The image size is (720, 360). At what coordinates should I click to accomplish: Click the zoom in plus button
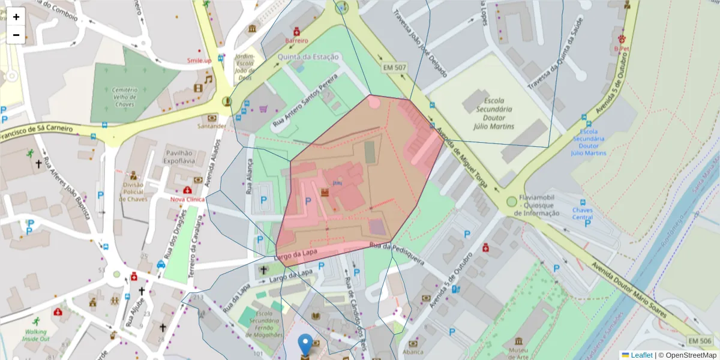point(16,17)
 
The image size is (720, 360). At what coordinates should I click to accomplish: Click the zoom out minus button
point(16,35)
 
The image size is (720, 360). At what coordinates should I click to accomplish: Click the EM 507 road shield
point(395,68)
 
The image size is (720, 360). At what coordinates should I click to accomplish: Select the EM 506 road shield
point(700,341)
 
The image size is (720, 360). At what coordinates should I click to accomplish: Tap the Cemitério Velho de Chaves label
point(125,97)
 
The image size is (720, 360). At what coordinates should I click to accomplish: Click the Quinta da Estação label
point(308,57)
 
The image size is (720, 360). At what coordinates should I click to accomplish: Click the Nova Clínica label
point(187,199)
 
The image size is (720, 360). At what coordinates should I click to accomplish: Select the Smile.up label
point(199,61)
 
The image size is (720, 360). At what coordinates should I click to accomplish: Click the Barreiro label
point(296,41)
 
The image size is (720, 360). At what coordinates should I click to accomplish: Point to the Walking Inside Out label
point(36,335)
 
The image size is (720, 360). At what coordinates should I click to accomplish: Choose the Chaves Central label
point(582,214)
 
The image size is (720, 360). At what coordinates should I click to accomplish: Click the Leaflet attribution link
point(641,355)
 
